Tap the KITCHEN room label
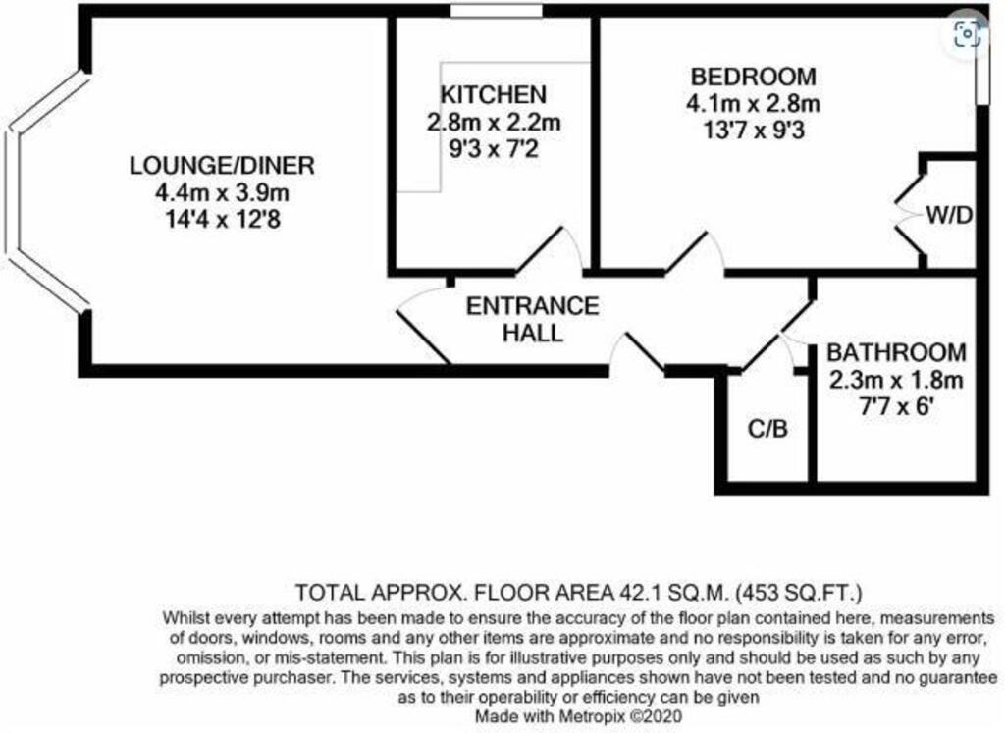(x=493, y=96)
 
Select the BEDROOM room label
(x=753, y=77)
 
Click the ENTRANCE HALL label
(x=532, y=319)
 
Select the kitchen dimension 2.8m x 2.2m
(x=493, y=124)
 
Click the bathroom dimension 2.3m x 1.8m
(x=895, y=381)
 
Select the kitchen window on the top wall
(x=497, y=11)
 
